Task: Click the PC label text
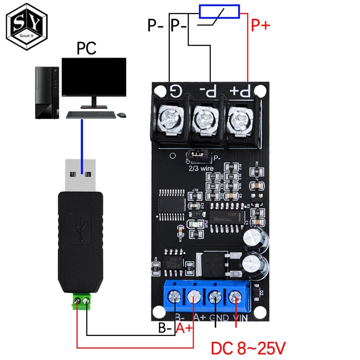pyautogui.click(x=87, y=48)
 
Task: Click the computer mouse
pyautogui.click(x=122, y=115)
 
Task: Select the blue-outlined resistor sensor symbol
pyautogui.click(x=219, y=12)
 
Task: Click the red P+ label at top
pyautogui.click(x=260, y=26)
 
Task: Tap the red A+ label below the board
pyautogui.click(x=184, y=328)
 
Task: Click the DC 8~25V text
pyautogui.click(x=248, y=348)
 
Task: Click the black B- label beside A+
pyautogui.click(x=166, y=328)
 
